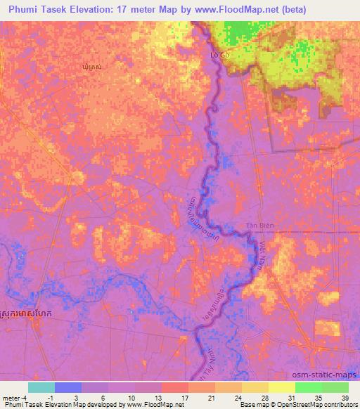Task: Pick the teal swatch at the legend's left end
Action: (x=41, y=387)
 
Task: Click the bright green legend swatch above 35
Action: (x=308, y=387)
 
